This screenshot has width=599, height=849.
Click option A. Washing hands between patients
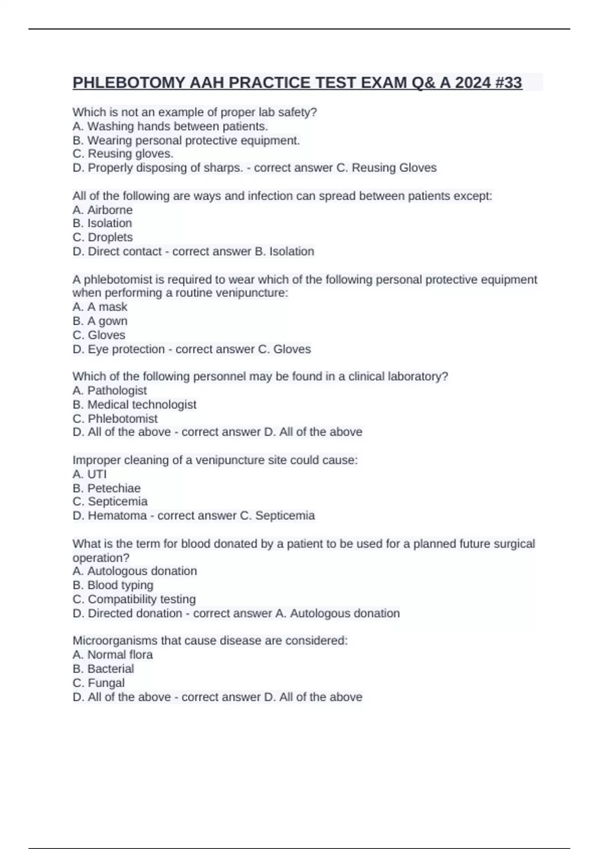tap(170, 126)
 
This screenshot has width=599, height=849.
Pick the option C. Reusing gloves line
tap(123, 154)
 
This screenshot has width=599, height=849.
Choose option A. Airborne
tap(102, 210)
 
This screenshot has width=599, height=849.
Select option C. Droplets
tap(102, 237)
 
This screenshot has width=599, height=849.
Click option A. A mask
tap(100, 307)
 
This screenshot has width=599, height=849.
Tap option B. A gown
tap(100, 321)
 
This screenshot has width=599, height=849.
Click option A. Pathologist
tap(110, 391)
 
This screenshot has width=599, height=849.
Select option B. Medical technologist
tap(134, 405)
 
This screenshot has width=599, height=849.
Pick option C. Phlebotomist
tap(115, 419)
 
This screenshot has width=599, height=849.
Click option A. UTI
tap(89, 474)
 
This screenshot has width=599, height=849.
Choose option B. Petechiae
tap(106, 488)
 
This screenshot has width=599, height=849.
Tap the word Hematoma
tap(117, 515)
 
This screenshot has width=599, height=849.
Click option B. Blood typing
tap(113, 585)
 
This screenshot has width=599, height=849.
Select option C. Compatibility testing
tap(134, 599)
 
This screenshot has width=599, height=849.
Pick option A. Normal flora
tap(112, 655)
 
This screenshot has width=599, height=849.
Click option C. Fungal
tap(98, 683)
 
